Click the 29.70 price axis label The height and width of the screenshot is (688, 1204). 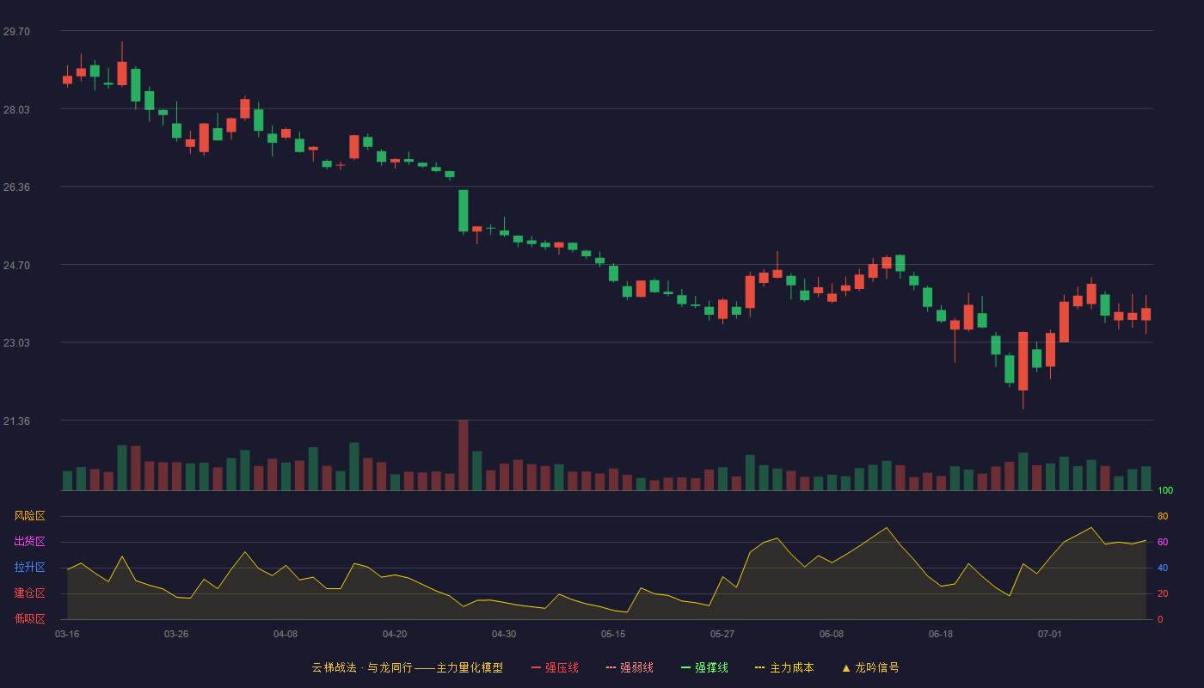[16, 32]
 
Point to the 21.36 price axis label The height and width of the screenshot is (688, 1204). [16, 421]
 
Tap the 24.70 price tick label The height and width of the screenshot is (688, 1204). [16, 266]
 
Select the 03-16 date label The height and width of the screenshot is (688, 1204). [67, 635]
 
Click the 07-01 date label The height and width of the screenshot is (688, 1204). [1050, 635]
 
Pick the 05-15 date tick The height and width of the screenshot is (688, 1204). [613, 635]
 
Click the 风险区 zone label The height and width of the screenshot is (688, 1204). [29, 516]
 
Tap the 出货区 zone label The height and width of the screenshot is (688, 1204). [29, 541]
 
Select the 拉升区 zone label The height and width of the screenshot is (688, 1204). [29, 567]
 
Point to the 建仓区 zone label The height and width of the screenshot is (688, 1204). [29, 593]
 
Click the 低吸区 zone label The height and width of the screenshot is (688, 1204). [29, 618]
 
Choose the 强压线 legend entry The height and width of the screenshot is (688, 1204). [555, 667]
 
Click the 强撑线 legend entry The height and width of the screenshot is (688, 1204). [704, 667]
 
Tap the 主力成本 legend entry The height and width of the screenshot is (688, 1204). [784, 667]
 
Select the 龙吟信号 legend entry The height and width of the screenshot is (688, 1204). [870, 667]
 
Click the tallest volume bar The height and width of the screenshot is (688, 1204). [464, 455]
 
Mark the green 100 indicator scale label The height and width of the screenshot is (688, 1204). [1165, 490]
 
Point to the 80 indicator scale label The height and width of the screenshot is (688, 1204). [1163, 516]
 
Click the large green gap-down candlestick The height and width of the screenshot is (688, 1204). [464, 211]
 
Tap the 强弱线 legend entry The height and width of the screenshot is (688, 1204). [630, 667]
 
